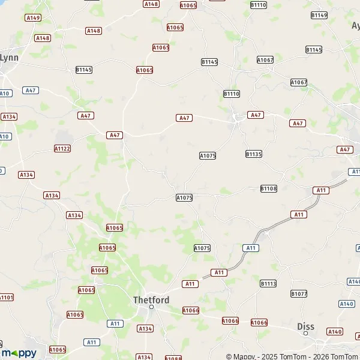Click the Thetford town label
151,299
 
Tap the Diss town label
306,326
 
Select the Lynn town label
9,58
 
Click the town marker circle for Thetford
152,307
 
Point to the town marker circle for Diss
305,333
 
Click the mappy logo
19,353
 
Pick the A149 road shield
33,18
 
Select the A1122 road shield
62,148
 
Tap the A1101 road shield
6,297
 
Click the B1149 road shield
320,15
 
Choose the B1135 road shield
254,154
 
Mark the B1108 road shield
269,188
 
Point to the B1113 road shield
268,283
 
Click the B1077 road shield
299,293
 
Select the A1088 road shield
173,358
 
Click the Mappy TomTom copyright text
292,356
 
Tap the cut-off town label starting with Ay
355,26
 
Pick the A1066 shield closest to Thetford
191,310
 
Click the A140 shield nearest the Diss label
335,331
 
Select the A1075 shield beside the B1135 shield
208,155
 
